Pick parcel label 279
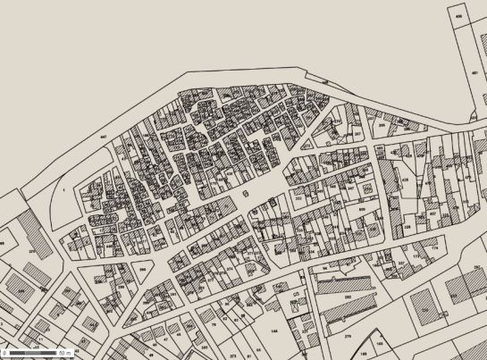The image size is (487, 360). coord(348,337)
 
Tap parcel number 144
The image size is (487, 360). coord(274,330)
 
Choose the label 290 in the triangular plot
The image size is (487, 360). coord(141,268)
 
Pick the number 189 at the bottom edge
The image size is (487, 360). coord(376,343)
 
